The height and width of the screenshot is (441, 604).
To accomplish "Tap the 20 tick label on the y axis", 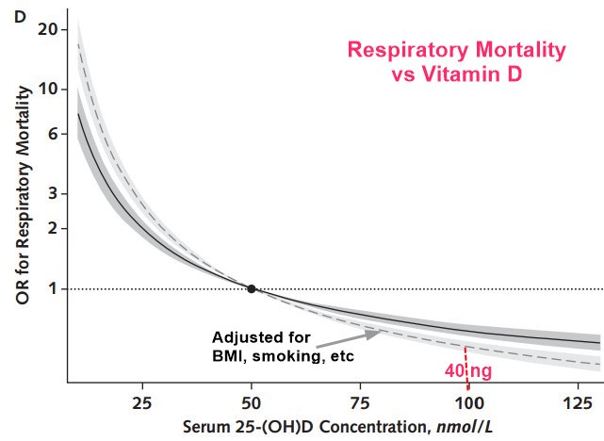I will pyautogui.click(x=48, y=28).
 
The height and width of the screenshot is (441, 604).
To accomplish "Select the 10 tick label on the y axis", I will pyautogui.click(x=48, y=90).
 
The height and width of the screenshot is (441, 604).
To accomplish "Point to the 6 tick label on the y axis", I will pyautogui.click(x=53, y=134).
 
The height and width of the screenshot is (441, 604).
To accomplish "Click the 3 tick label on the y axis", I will pyautogui.click(x=53, y=194).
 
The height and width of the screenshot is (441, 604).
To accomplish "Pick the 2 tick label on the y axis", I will pyautogui.click(x=53, y=229).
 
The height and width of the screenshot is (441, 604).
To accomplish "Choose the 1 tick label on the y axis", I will pyautogui.click(x=53, y=288).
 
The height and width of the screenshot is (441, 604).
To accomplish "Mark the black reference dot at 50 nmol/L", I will pyautogui.click(x=251, y=288).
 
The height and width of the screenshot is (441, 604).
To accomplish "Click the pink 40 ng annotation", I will pyautogui.click(x=467, y=371).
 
